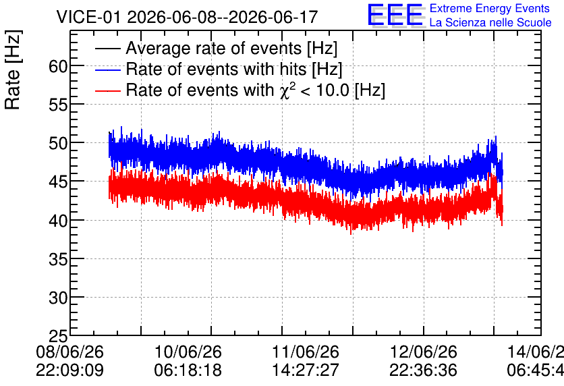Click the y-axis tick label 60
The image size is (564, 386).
[x=59, y=66]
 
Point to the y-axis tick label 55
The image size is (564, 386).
[x=59, y=105]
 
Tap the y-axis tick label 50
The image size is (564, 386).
[x=59, y=144]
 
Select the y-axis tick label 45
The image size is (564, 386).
[x=59, y=182]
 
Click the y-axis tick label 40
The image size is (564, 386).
[x=59, y=221]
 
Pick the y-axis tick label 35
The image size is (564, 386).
[x=59, y=259]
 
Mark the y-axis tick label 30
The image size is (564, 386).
[x=59, y=298]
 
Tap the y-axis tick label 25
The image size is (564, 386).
[x=59, y=336]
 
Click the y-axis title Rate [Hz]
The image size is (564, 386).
[x=13, y=70]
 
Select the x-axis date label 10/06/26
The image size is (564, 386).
[x=188, y=352]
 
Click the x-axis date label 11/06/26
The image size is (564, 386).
[x=306, y=352]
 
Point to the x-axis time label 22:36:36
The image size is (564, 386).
[x=424, y=370]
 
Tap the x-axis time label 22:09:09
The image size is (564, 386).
[x=69, y=370]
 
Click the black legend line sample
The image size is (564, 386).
[x=107, y=49]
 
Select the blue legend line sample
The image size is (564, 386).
[x=107, y=70]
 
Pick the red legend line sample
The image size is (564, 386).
[x=107, y=90]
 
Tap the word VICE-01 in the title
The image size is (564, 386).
[x=89, y=17]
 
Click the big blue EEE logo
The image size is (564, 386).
[x=395, y=15]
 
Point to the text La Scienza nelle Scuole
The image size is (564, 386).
[x=490, y=23]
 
